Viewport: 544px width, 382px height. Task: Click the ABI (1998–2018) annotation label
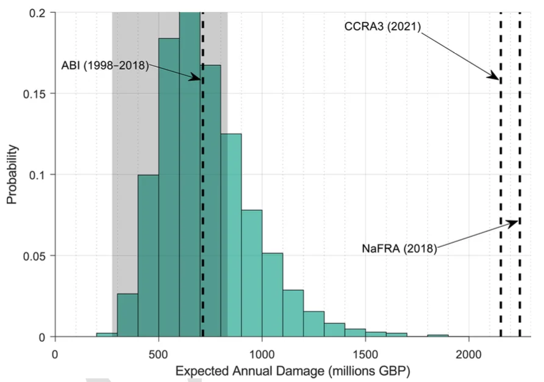[x=105, y=65]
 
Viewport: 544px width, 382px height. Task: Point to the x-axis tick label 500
[x=159, y=353]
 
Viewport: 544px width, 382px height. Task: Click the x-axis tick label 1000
[x=262, y=353]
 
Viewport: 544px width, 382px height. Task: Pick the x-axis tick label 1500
[x=365, y=353]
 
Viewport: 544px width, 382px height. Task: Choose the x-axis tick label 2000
[x=468, y=353]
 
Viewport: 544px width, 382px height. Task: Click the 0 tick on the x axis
[x=55, y=353]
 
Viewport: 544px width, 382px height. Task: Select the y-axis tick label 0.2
[x=40, y=12]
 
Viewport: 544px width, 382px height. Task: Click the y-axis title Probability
[x=12, y=175]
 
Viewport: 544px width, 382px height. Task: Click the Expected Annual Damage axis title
[x=293, y=370]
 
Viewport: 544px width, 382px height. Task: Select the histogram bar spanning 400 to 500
[x=148, y=256]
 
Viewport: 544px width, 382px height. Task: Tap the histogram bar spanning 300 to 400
[x=127, y=315]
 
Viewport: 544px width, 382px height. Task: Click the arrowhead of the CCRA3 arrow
[x=498, y=77]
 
